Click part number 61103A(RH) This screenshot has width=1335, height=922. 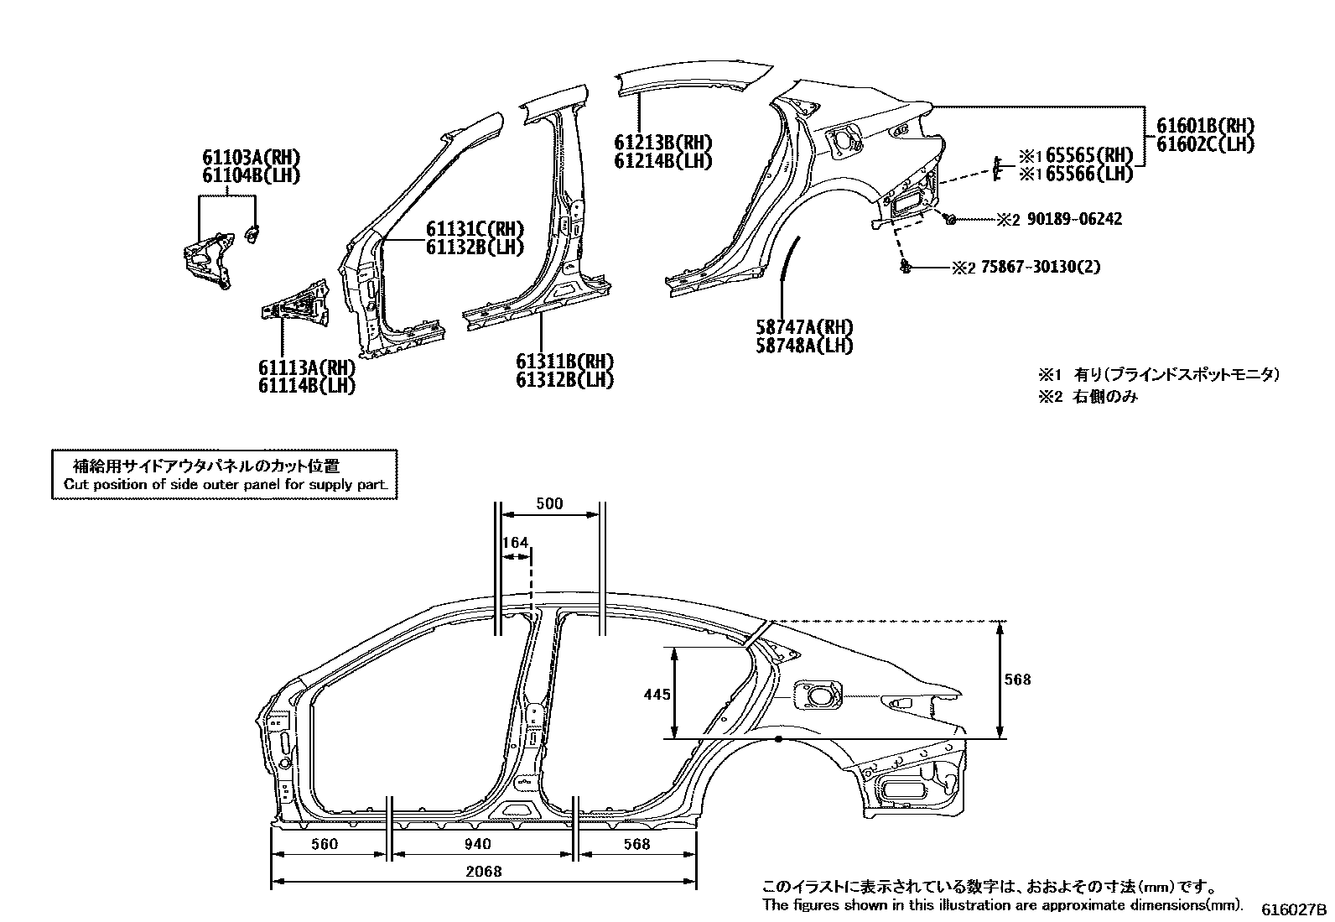250,158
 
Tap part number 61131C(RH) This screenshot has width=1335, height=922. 475,229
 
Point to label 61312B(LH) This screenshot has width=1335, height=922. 564,380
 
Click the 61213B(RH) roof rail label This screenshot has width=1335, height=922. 662,142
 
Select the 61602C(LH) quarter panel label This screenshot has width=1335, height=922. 1205,143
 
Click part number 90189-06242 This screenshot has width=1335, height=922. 1074,219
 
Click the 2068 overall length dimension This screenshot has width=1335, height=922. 483,872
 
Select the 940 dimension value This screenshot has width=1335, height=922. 477,844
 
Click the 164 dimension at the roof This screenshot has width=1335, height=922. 515,543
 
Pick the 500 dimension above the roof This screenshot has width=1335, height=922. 549,503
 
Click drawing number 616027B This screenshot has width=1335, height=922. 1295,909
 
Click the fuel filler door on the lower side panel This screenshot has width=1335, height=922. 818,695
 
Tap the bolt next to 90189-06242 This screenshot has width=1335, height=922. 949,218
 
